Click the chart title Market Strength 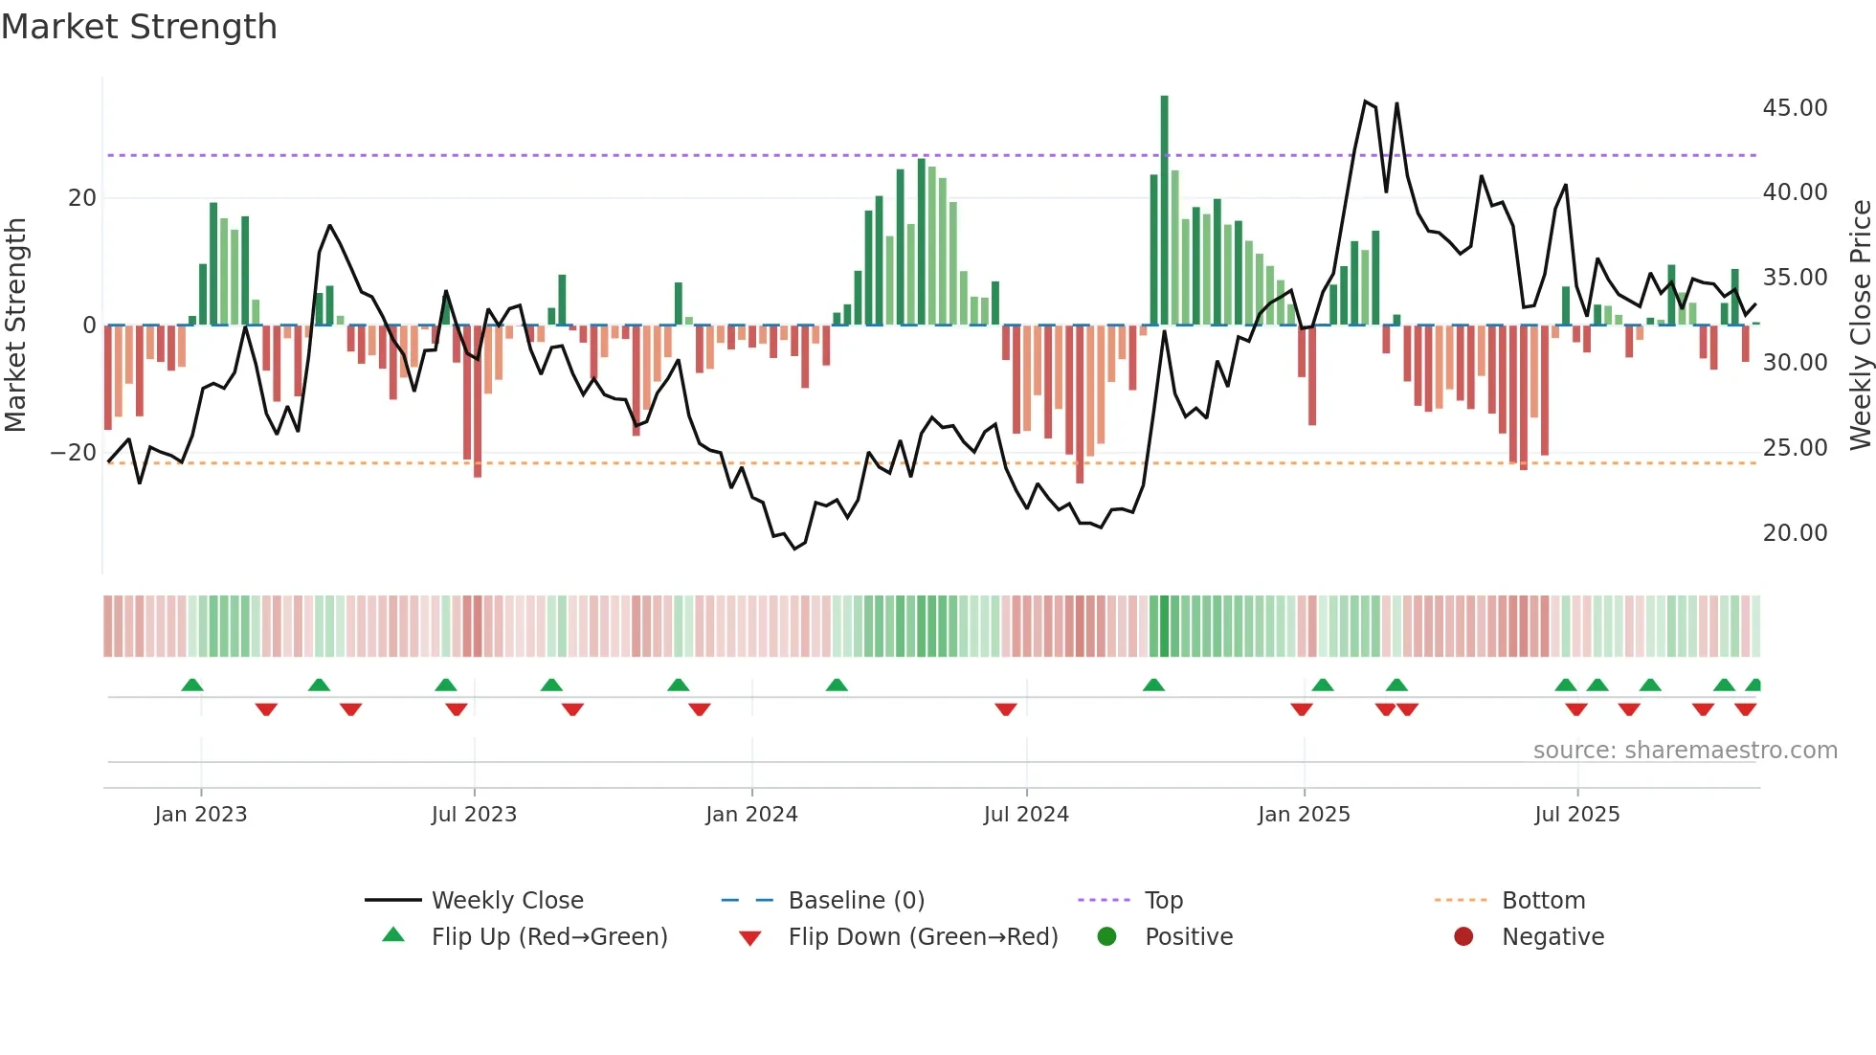coord(139,27)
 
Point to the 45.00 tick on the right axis coord(1795,108)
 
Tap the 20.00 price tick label coord(1795,533)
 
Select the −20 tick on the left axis coord(74,453)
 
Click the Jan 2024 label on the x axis coord(751,815)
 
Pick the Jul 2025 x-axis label coord(1576,815)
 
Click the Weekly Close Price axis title coord(1860,325)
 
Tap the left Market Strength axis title coord(15,325)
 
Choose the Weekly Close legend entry coord(506,901)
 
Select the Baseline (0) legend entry coord(856,901)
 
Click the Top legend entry coord(1163,901)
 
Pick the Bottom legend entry coord(1543,901)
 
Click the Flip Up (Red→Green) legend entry coord(548,937)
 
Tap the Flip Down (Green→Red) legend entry coord(923,937)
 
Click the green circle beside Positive coord(1106,937)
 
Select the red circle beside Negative coord(1463,937)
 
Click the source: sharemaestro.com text coord(1685,751)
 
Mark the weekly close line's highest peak coord(1365,101)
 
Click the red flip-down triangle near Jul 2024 coord(1005,709)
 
